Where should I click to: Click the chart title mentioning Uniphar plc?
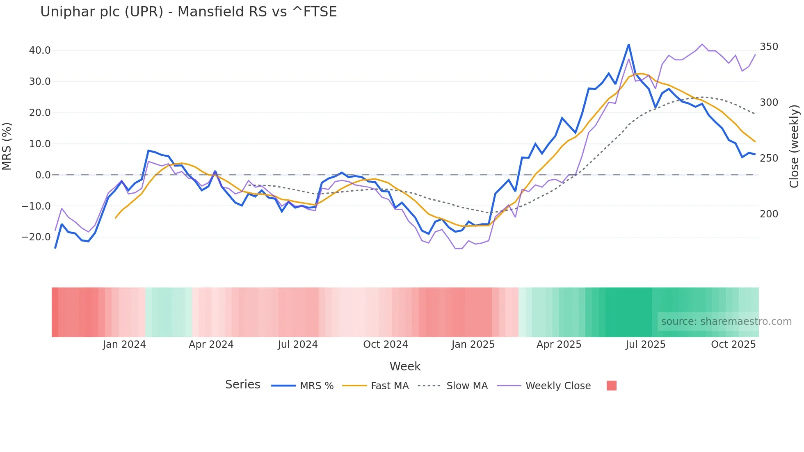[x=188, y=12]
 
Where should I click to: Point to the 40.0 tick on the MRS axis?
[x=40, y=50]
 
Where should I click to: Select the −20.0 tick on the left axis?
[x=36, y=237]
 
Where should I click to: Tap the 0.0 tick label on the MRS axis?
[x=43, y=175]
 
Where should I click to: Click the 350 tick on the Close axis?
[x=769, y=47]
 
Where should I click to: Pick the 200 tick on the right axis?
[x=769, y=214]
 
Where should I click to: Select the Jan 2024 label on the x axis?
[x=124, y=345]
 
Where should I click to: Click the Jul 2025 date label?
[x=645, y=345]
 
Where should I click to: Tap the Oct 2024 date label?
[x=386, y=345]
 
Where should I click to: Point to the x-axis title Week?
[x=405, y=366]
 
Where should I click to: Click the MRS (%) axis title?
[x=7, y=146]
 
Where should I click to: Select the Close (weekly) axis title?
[x=795, y=146]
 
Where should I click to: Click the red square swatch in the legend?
[x=612, y=386]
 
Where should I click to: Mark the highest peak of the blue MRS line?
[x=628, y=44]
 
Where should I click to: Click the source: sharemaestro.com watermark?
[x=726, y=322]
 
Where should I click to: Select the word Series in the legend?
[x=242, y=385]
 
